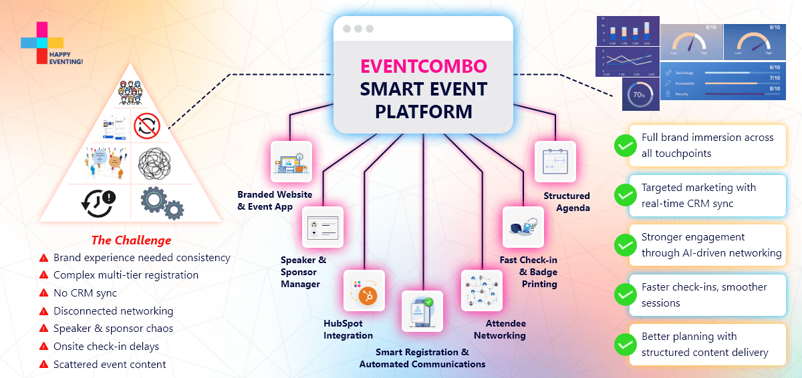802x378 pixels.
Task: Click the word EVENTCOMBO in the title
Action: click(423, 66)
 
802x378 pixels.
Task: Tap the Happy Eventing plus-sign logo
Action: click(42, 42)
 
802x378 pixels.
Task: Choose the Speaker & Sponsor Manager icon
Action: click(322, 228)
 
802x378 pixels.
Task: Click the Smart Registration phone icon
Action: click(422, 312)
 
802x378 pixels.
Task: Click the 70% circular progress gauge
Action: click(639, 95)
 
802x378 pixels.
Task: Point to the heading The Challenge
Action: click(131, 240)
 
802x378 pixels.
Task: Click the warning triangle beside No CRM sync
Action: click(44, 293)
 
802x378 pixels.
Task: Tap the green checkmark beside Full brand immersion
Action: click(625, 146)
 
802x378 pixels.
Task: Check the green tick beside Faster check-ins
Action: click(625, 295)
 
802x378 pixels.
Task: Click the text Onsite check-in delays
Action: click(106, 346)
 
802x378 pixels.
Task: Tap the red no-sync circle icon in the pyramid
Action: click(146, 124)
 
